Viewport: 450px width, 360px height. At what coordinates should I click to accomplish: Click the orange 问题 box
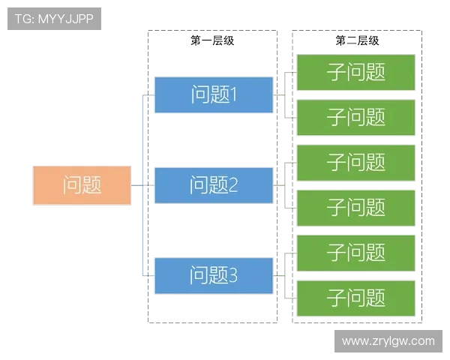point(82,184)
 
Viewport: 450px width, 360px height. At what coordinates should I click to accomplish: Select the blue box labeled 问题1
point(214,94)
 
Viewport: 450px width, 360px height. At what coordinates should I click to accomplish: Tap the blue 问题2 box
point(214,184)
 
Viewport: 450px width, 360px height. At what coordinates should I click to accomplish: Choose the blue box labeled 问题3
point(214,275)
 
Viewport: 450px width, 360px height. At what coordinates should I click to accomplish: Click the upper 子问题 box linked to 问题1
point(356,72)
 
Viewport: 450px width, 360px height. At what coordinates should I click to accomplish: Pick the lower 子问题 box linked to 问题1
point(356,117)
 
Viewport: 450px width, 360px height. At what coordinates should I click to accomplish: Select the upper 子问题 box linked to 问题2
point(356,162)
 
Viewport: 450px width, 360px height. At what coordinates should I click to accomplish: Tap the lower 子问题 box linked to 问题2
point(356,207)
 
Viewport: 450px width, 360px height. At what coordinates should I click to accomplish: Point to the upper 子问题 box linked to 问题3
point(356,253)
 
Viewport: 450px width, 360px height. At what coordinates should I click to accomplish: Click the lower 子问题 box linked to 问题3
point(356,298)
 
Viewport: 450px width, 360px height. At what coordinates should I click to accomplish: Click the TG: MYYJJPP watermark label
point(54,19)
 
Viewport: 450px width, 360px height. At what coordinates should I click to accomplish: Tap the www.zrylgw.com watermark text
point(388,341)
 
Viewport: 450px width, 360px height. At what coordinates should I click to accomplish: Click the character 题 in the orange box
point(92,184)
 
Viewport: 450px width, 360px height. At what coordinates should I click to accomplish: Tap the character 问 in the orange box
point(72,184)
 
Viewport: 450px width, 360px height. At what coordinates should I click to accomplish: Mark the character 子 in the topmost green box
point(337,72)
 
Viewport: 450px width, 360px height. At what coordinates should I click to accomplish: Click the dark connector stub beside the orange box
point(136,184)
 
